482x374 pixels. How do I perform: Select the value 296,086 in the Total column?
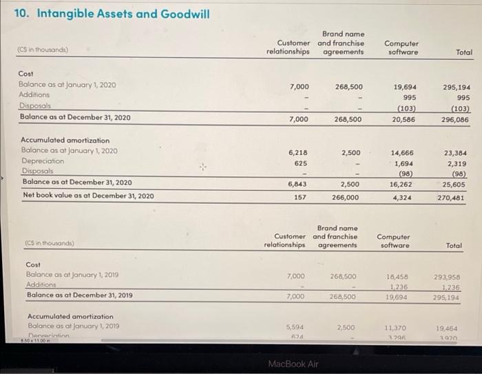(x=457, y=119)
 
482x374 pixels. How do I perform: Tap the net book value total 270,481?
(x=457, y=196)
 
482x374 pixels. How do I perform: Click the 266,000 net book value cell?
(x=346, y=197)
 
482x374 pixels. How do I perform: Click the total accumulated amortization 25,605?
(x=457, y=184)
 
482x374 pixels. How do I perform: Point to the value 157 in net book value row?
(x=300, y=197)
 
